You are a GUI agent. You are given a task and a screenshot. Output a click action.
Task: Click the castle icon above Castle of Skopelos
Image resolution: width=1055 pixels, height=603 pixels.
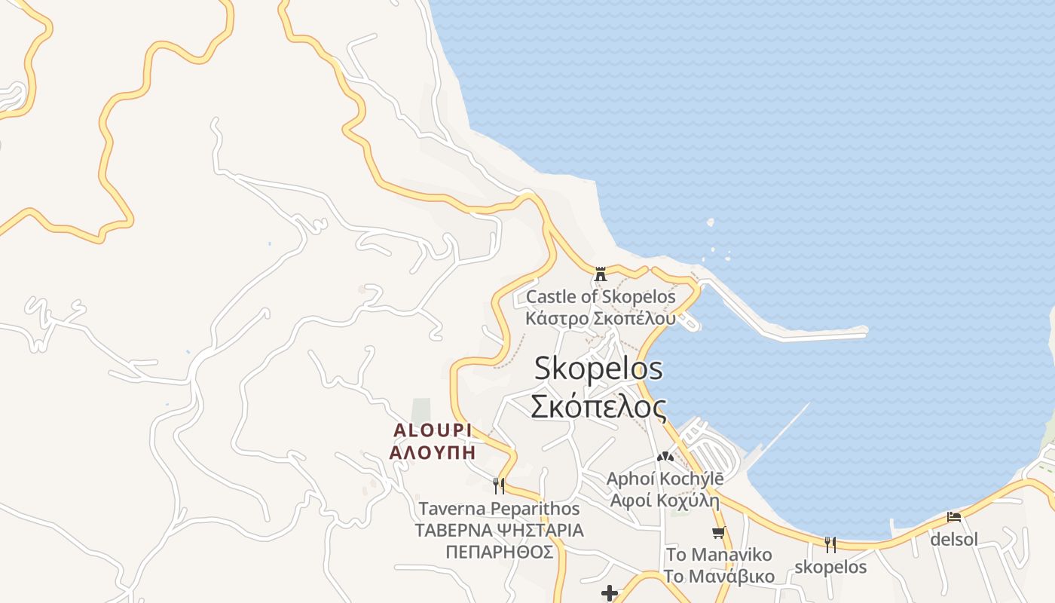(x=601, y=274)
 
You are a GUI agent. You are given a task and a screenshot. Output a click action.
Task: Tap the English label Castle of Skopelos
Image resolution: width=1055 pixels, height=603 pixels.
(x=601, y=296)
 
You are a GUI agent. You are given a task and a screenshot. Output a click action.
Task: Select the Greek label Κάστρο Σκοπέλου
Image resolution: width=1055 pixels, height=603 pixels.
(x=601, y=318)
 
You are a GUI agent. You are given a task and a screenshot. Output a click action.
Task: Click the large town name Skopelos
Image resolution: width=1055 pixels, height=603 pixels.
(x=598, y=369)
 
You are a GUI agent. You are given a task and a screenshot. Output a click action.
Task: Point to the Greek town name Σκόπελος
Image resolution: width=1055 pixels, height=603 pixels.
(x=598, y=407)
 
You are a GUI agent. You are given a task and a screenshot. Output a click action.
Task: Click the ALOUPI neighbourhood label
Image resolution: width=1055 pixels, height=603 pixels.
(x=433, y=430)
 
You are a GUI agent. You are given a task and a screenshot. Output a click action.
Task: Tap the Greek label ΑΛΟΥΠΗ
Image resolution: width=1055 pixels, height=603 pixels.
(x=433, y=452)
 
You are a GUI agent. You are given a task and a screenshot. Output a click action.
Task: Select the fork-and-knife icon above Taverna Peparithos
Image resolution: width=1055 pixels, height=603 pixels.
(x=498, y=485)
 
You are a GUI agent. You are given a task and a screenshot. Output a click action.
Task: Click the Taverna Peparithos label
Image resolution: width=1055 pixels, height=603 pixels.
(x=499, y=509)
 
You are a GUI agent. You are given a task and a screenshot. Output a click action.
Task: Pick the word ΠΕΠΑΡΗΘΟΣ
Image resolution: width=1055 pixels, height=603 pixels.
(x=499, y=552)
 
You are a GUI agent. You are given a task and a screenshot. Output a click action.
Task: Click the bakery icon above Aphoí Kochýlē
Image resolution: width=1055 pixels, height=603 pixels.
(x=665, y=457)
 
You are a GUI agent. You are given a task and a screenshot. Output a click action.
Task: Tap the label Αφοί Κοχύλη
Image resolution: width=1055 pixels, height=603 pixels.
(x=665, y=500)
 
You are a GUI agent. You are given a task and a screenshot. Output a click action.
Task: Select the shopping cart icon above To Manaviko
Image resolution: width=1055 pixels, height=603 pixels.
(x=719, y=533)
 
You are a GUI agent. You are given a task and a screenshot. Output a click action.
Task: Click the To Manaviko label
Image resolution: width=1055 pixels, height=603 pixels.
(x=719, y=556)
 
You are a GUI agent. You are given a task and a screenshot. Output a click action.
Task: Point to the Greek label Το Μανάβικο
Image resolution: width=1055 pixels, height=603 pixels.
(x=719, y=577)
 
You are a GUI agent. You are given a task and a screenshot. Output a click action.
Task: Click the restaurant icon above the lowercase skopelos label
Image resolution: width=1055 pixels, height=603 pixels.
(x=830, y=544)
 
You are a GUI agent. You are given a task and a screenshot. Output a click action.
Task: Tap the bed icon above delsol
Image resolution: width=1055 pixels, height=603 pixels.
(x=954, y=517)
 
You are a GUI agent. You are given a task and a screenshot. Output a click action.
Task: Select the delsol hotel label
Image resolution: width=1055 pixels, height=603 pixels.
(x=954, y=540)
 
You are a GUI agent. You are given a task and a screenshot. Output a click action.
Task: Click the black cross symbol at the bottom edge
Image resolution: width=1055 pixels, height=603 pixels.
(x=610, y=594)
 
